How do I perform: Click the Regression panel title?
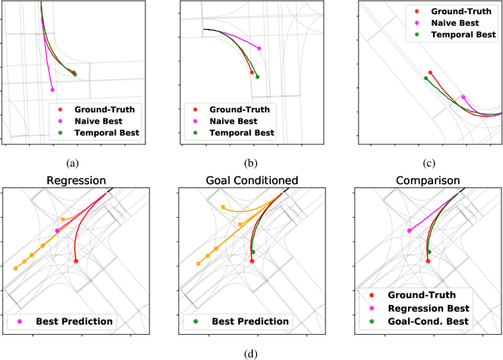coord(75,181)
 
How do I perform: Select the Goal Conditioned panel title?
coord(251,181)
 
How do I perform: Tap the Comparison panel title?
coord(428,181)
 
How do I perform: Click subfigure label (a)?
coord(73,163)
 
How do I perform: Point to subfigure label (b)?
coord(251,163)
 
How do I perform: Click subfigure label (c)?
coord(428,163)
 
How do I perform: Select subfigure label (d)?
coord(251,352)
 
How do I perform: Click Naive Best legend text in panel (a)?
coord(101,121)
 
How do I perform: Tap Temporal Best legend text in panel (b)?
coord(242,134)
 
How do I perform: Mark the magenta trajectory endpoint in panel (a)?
coord(53,90)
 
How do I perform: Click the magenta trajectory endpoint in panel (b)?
coord(259,48)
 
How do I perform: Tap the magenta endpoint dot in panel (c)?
coord(463,97)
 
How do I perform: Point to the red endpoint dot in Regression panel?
coord(75,260)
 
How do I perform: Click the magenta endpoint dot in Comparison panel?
coord(409,230)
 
